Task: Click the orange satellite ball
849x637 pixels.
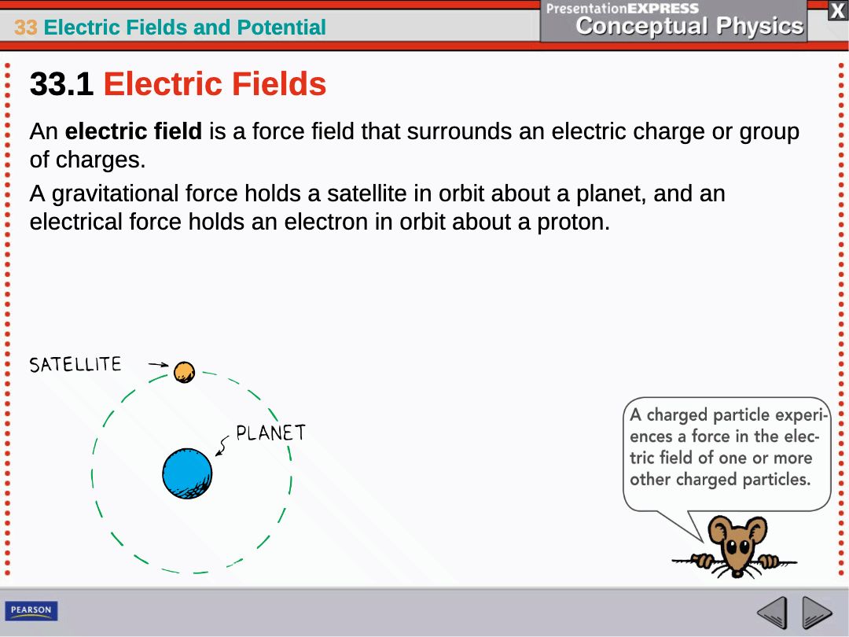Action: (184, 372)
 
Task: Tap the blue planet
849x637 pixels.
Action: (187, 473)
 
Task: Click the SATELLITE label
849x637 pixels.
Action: (75, 365)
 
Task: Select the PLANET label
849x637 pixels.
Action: (270, 433)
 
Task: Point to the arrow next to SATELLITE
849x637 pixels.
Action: (158, 365)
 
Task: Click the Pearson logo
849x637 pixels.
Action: (31, 610)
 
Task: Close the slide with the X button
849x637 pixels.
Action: (838, 11)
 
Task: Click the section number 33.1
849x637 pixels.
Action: (62, 84)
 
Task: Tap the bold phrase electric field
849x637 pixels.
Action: (133, 131)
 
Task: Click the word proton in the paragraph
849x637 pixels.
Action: (573, 222)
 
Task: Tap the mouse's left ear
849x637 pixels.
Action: (719, 528)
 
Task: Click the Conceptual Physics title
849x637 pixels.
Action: (689, 26)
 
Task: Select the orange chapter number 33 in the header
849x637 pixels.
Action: (25, 27)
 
